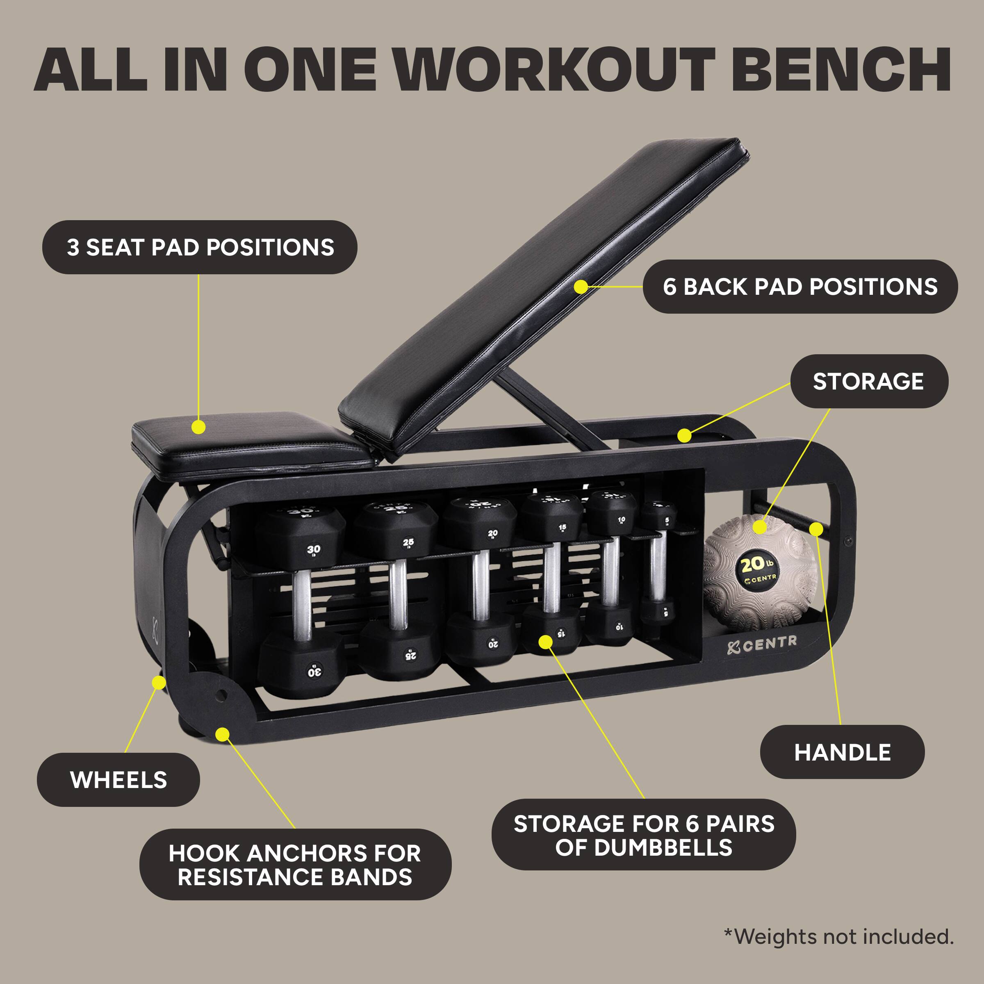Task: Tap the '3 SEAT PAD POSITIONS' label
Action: click(200, 248)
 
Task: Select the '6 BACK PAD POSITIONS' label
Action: click(800, 287)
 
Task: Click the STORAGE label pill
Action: click(868, 381)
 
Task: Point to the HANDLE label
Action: click(843, 752)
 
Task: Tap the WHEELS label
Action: click(118, 780)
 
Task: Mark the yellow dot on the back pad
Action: click(580, 287)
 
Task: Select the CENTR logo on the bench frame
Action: click(763, 644)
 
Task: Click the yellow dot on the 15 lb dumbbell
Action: click(545, 641)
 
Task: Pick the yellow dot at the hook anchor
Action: click(222, 734)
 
